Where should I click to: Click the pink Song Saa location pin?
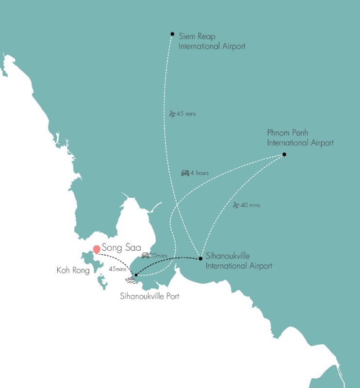(x=97, y=249)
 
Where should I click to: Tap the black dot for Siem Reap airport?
(x=172, y=34)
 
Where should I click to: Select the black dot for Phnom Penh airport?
(x=284, y=155)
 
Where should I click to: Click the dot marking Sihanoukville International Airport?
(x=200, y=259)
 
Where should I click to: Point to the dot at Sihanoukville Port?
(x=136, y=275)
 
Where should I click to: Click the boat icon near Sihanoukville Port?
(x=130, y=280)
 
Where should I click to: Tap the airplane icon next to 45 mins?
(x=173, y=113)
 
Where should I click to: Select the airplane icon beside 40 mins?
(x=236, y=205)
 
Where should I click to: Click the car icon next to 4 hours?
(x=185, y=173)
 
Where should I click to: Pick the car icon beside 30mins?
(x=145, y=255)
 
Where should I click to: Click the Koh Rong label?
(x=73, y=271)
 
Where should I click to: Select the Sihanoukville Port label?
(x=149, y=296)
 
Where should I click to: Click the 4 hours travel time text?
(x=199, y=173)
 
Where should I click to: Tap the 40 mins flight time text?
(x=250, y=205)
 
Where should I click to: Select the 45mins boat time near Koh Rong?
(x=118, y=269)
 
